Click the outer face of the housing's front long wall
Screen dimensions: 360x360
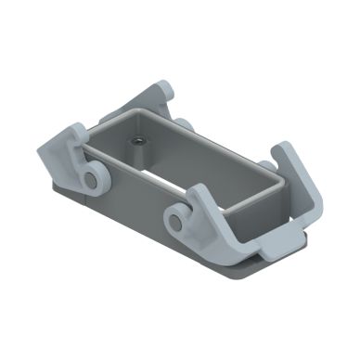click(x=139, y=195)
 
